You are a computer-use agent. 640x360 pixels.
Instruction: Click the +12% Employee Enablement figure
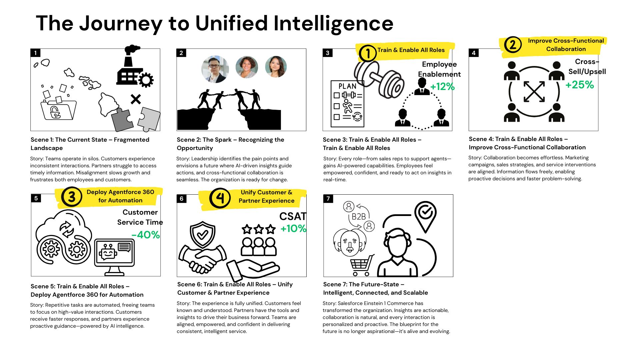(442, 87)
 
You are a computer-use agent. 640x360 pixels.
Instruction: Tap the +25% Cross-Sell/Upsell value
(579, 85)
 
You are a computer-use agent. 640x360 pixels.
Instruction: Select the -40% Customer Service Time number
(146, 235)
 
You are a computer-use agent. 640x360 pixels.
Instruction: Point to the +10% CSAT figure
(293, 228)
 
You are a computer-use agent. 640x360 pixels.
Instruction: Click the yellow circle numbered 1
(368, 53)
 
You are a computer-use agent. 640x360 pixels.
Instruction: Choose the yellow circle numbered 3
(71, 197)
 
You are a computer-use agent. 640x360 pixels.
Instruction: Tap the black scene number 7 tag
(328, 199)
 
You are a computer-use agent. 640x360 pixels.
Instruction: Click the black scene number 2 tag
(181, 53)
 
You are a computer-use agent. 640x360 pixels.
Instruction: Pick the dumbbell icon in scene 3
(379, 79)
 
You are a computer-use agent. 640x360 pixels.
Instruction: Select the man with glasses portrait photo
(215, 69)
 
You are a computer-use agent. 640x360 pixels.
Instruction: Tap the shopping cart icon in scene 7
(361, 265)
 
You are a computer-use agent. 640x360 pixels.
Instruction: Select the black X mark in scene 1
(136, 99)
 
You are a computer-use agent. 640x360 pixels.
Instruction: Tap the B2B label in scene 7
(359, 217)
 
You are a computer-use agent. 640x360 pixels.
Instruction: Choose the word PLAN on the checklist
(347, 86)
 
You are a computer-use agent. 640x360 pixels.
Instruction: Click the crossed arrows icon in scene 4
(534, 91)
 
